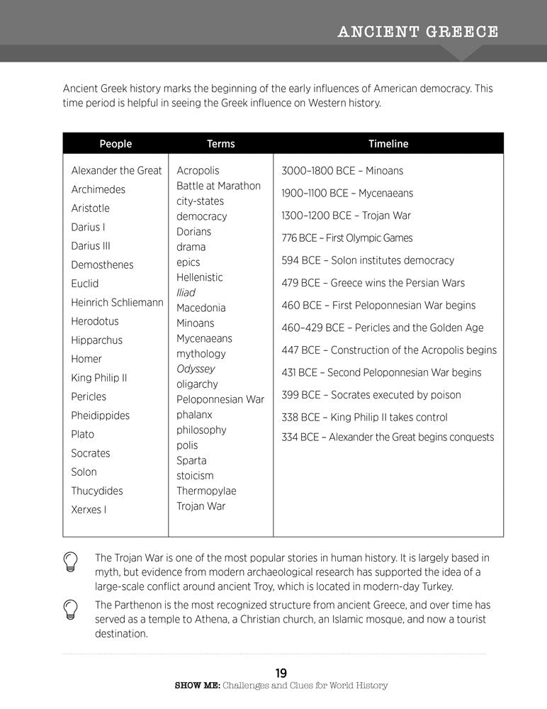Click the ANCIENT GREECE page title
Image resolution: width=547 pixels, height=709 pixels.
[418, 32]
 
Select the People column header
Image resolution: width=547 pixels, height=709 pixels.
[115, 144]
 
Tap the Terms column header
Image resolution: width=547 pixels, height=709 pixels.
[220, 144]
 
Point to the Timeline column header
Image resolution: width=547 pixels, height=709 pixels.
[388, 144]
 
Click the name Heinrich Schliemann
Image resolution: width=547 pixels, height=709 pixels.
[117, 302]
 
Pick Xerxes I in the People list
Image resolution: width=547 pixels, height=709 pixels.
[89, 509]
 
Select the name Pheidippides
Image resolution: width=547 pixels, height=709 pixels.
[100, 415]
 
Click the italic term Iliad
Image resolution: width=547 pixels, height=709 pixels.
[186, 292]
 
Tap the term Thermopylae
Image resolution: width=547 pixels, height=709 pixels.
[206, 491]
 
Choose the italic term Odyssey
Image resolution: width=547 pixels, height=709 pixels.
[196, 369]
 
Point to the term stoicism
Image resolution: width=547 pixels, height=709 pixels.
[195, 475]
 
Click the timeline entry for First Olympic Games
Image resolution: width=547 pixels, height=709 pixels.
[346, 238]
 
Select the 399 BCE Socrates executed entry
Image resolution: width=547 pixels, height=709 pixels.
[371, 395]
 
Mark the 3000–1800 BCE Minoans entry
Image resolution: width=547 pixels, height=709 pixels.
[342, 171]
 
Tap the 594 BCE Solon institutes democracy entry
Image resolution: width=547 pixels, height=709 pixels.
[368, 260]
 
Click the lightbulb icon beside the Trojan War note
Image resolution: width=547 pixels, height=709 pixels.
[71, 562]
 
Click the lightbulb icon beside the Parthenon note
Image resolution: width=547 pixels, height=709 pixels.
[71, 608]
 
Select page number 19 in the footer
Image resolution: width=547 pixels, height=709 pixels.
[281, 673]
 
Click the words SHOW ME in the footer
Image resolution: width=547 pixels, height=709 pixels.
[196, 686]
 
